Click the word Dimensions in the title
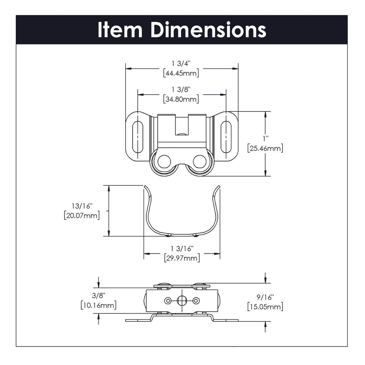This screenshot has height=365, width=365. pos(208,30)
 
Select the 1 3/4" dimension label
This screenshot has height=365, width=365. pos(181,63)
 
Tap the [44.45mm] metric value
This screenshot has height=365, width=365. pos(181,73)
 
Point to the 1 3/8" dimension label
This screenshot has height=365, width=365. pos(181,89)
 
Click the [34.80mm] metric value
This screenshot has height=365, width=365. pos(181,99)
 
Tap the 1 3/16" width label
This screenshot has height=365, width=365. pos(181,249)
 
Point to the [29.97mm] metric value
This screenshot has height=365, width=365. pos(181,258)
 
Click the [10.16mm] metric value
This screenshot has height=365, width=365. pos(99,305)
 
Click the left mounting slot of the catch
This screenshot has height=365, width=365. pos(138,137)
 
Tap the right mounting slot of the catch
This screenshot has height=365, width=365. pos(226,137)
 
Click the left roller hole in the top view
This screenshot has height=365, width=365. pos(164,162)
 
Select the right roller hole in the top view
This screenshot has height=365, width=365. pos(199,162)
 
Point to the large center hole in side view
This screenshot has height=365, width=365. pos(182,300)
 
